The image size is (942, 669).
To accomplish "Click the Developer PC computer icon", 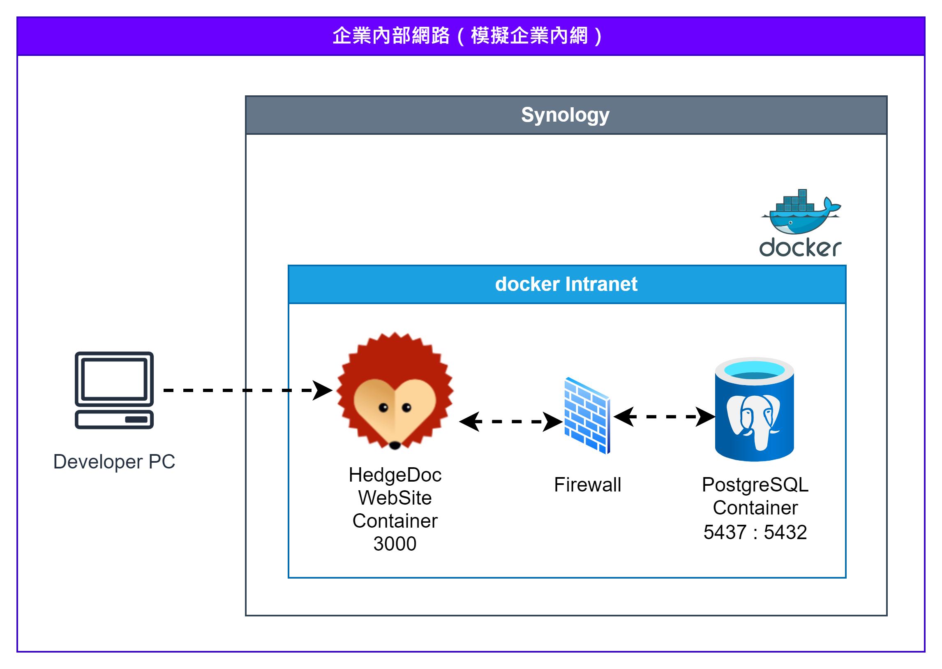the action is [114, 390].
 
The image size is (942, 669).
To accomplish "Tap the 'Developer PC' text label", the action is [114, 462].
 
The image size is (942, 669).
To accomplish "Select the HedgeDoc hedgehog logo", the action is [395, 390].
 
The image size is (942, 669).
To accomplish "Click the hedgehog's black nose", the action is [395, 445].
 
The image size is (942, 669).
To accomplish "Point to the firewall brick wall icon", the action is [587, 415].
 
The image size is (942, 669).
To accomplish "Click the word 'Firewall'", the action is [587, 484].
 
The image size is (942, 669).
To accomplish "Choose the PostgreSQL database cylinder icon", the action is [754, 409].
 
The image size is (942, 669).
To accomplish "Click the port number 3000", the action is [395, 544].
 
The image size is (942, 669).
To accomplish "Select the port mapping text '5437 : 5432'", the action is [755, 532].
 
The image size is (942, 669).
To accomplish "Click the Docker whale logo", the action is [801, 212].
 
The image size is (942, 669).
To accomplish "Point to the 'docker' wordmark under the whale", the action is [800, 247].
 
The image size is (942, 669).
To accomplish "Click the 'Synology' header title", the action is [565, 115].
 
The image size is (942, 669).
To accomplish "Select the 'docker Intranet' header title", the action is [566, 284].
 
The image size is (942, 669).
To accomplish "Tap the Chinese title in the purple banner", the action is [468, 36].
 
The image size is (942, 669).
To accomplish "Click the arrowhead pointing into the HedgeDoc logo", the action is [323, 390].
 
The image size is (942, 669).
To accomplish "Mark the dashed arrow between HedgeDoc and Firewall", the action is [511, 422].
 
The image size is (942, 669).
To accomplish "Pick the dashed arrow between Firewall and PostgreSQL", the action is [665, 417].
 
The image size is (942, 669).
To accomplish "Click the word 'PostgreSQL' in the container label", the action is [755, 485].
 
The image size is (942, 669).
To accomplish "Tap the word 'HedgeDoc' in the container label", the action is [395, 475].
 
